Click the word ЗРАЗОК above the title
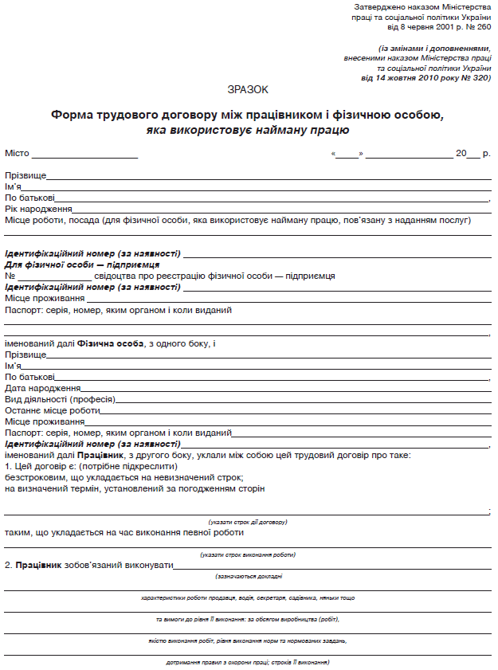(248, 90)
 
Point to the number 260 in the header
(480, 26)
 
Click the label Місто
(17, 153)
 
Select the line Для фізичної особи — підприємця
(82, 264)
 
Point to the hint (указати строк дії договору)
(248, 522)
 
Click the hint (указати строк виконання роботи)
(248, 554)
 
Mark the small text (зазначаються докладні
(248, 575)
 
